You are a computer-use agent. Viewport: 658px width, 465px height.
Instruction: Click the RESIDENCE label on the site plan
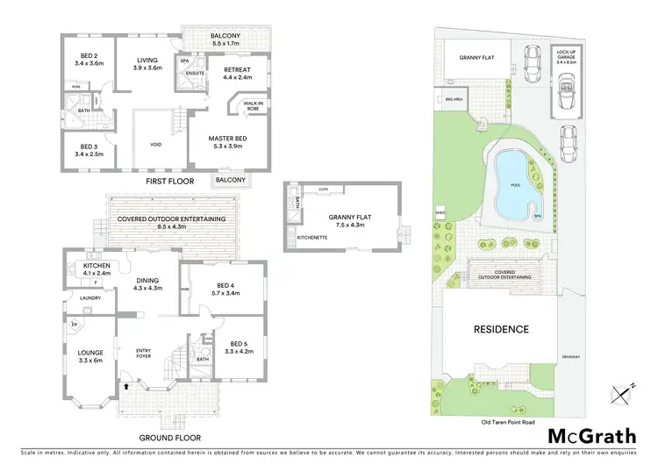(502, 330)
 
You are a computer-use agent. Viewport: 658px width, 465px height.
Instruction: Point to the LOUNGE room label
(90, 355)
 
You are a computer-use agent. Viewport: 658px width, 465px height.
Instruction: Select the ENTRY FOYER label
(144, 354)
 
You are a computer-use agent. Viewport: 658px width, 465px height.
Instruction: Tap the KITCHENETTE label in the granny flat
(313, 238)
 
